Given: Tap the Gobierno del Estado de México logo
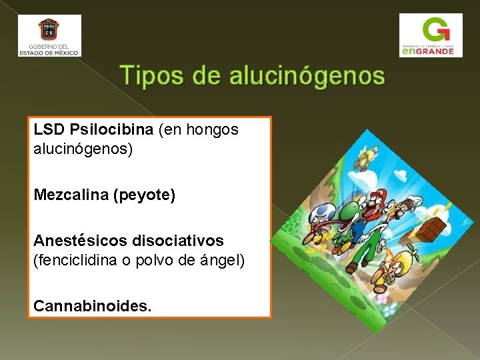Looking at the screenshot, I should point(49,35).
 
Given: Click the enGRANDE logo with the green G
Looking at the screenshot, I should point(430,35).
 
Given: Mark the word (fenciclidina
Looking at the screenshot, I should point(73,260).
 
